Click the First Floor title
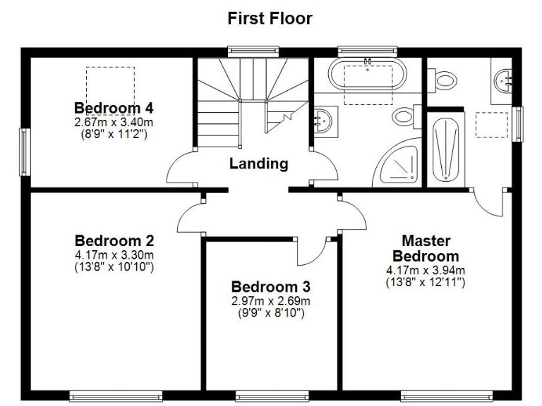(270, 18)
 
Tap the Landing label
(259, 164)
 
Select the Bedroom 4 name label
(114, 108)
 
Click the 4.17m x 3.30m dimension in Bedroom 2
(114, 254)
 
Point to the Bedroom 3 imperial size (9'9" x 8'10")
(271, 312)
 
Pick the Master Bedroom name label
(426, 248)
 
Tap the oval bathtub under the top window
(368, 75)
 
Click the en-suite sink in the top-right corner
(505, 80)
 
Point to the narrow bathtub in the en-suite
(445, 149)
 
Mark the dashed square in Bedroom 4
(110, 85)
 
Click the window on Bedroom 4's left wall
(25, 152)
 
